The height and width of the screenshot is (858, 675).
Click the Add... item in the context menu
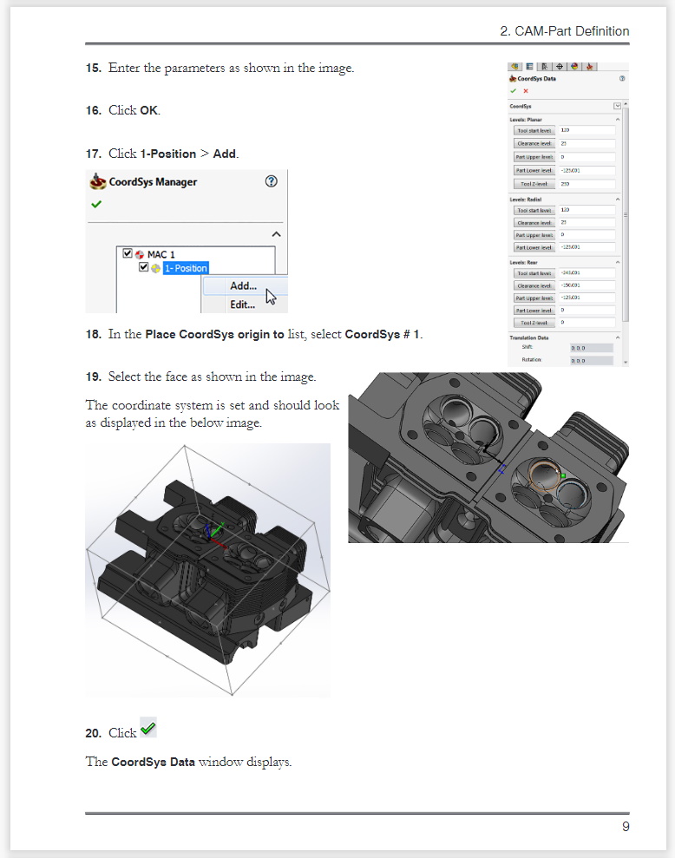click(x=243, y=286)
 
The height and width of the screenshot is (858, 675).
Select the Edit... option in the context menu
click(x=242, y=305)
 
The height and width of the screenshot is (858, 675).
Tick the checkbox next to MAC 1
click(x=128, y=254)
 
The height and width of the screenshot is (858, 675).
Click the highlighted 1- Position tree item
click(x=186, y=268)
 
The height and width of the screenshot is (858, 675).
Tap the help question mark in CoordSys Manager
click(x=271, y=181)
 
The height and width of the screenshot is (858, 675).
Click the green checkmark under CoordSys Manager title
click(x=95, y=205)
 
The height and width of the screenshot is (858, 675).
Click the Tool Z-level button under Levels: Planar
click(x=534, y=184)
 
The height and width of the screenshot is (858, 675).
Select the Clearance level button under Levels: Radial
click(x=534, y=222)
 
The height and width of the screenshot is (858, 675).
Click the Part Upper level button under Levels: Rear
click(x=534, y=298)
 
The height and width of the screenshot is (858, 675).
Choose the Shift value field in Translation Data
click(x=590, y=347)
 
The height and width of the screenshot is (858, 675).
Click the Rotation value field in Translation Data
click(x=590, y=359)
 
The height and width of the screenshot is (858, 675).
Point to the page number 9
click(x=625, y=827)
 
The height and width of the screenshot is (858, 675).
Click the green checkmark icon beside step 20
click(x=147, y=730)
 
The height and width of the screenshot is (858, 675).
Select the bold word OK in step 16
click(x=149, y=110)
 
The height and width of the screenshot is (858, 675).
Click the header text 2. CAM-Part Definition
click(x=564, y=31)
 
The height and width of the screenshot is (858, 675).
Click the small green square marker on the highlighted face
click(x=563, y=476)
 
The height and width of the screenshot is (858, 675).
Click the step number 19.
click(x=94, y=377)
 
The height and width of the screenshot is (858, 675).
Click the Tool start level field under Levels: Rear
click(x=587, y=273)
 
